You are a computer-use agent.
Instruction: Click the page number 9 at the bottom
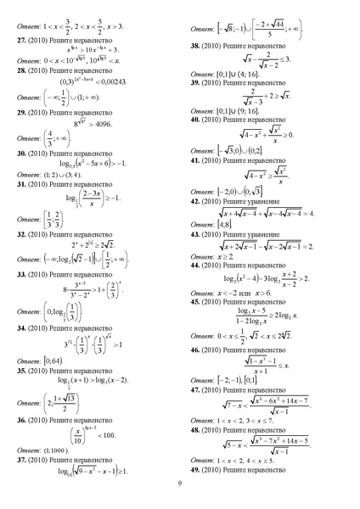click(180, 484)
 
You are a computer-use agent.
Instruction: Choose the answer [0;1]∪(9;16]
click(247, 133)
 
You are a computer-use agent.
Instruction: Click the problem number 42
click(195, 203)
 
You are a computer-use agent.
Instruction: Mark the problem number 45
click(195, 301)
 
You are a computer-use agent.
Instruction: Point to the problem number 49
click(195, 469)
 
